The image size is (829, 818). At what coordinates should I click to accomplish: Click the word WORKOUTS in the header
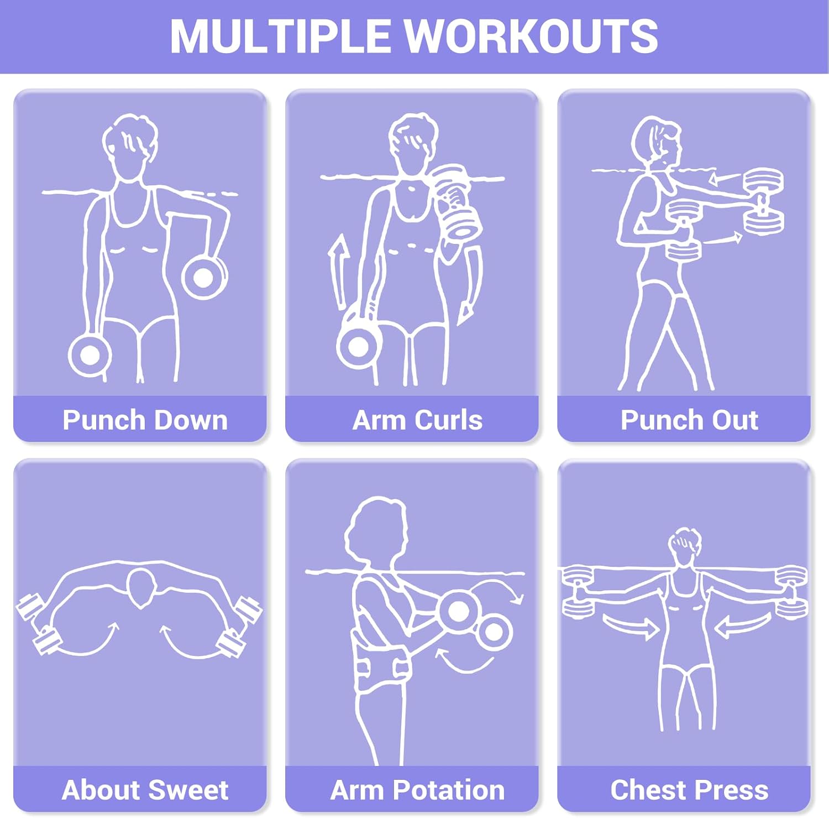532,37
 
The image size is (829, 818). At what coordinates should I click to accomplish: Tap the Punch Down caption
145,420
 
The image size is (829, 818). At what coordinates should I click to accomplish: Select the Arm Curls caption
417,420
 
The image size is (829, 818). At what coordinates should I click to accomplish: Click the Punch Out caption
689,420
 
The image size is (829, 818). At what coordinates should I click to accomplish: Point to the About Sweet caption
145,790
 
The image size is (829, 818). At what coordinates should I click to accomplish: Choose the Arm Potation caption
417,790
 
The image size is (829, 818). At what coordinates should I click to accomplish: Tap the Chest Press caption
689,790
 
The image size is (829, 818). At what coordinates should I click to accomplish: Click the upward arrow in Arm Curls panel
338,272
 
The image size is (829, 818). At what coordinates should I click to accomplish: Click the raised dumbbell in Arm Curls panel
456,201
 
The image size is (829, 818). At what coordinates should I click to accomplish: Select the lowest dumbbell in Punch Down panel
90,355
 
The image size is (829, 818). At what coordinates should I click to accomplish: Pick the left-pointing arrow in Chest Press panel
743,626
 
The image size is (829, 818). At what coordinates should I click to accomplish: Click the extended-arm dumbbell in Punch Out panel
763,202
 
